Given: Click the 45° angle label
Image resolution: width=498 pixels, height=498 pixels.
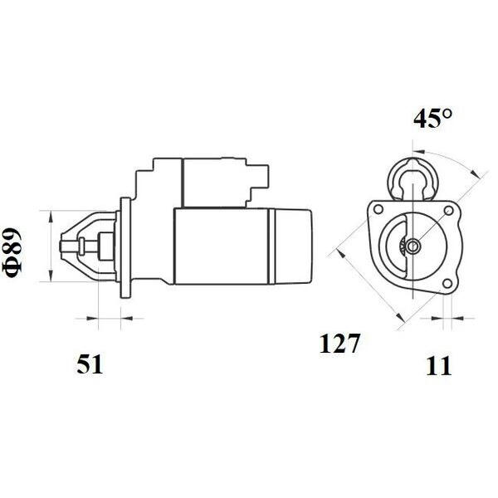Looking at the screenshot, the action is coord(432,118).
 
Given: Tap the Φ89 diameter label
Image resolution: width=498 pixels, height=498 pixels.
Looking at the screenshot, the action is coord(13,253).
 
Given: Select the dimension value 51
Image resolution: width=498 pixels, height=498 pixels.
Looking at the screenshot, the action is coord(90,364).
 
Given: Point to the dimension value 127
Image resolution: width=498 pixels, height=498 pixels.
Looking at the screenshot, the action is coord(339,344).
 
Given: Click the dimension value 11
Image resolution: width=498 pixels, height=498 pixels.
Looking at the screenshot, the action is coord(438,366).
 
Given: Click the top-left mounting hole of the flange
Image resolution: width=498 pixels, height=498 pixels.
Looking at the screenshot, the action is coord(378,210).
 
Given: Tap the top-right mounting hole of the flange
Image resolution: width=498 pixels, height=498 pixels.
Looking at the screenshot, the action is coord(448,210).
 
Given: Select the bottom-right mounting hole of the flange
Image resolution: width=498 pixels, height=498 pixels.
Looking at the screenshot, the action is coord(447,284).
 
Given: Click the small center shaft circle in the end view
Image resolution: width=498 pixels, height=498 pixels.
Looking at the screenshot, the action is coord(413,246).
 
